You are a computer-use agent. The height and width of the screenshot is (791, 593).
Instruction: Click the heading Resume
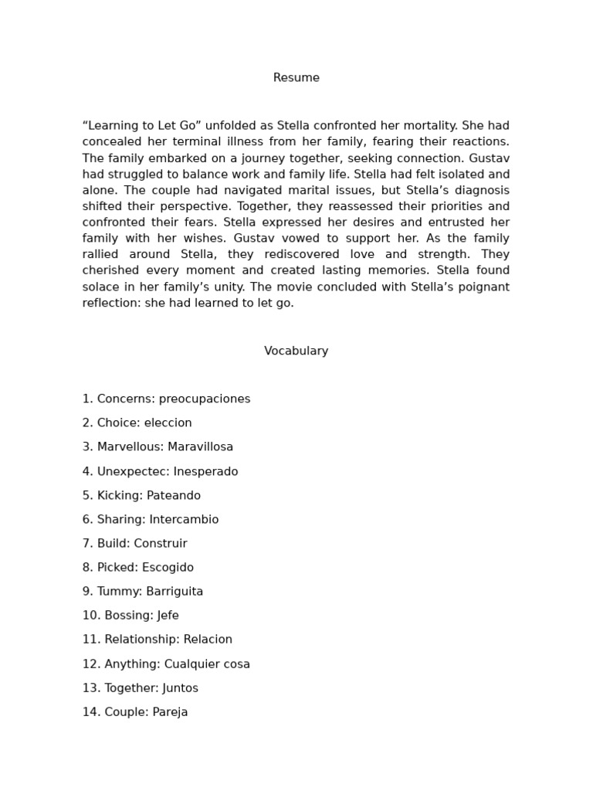click(x=296, y=78)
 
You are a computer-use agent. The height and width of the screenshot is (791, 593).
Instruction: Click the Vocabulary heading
click(x=296, y=351)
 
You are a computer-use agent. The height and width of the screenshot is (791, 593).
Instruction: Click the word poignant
click(x=483, y=287)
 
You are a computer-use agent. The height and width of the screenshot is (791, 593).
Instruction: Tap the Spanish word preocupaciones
click(x=205, y=399)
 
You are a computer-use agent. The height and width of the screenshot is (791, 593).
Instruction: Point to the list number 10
click(x=90, y=616)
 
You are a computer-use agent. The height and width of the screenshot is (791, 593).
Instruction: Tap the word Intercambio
click(x=185, y=520)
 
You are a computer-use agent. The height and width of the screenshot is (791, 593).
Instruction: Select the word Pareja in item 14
click(x=170, y=712)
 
